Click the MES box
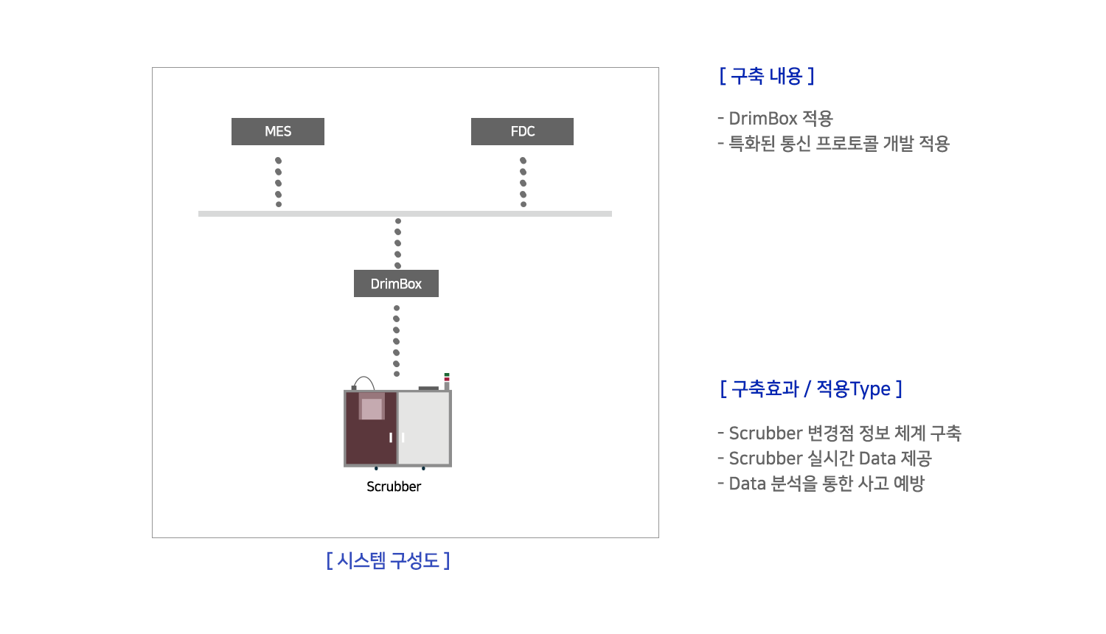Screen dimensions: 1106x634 (278, 131)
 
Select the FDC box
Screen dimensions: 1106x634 (522, 131)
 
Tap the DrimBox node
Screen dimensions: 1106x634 (396, 283)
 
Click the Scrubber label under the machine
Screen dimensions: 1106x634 (394, 487)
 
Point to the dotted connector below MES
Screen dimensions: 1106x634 (279, 183)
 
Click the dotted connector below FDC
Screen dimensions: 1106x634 (524, 183)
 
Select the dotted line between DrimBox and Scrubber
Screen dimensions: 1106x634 (397, 341)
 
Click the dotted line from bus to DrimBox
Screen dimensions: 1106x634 (398, 243)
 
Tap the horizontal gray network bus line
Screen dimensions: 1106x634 (405, 214)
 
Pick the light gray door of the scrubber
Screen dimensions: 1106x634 (424, 428)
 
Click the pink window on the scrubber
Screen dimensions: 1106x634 (372, 408)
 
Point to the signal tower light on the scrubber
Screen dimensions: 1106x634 (447, 381)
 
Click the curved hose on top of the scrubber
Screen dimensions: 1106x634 (364, 377)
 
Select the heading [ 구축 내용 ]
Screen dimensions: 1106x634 (767, 76)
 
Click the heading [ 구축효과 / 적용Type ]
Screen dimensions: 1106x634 (811, 389)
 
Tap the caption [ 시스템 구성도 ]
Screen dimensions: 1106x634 (388, 560)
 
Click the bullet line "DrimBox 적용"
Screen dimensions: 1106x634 (775, 119)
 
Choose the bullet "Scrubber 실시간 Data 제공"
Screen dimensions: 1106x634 (824, 459)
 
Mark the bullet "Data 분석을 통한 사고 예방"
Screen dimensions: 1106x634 (821, 484)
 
